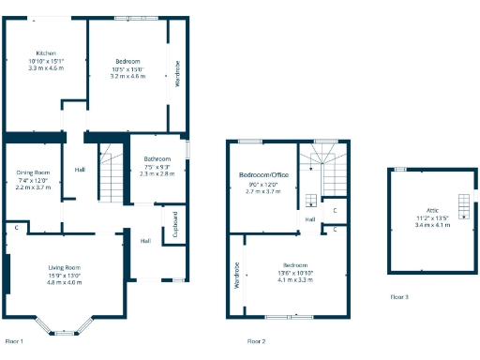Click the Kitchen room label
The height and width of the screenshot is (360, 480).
46,52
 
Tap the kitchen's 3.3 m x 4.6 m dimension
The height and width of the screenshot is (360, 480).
46,67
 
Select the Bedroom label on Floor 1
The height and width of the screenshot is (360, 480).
127,61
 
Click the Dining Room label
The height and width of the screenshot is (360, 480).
33,172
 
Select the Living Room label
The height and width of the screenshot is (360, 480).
65,267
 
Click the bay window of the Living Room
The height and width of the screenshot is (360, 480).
65,329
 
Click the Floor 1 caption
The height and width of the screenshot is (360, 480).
14,340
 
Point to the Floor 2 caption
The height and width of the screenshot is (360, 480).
256,340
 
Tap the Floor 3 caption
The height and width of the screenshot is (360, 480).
400,296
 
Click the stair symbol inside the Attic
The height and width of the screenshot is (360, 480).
462,203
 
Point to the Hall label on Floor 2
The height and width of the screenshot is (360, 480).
308,219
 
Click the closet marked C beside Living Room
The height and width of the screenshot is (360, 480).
16,228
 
